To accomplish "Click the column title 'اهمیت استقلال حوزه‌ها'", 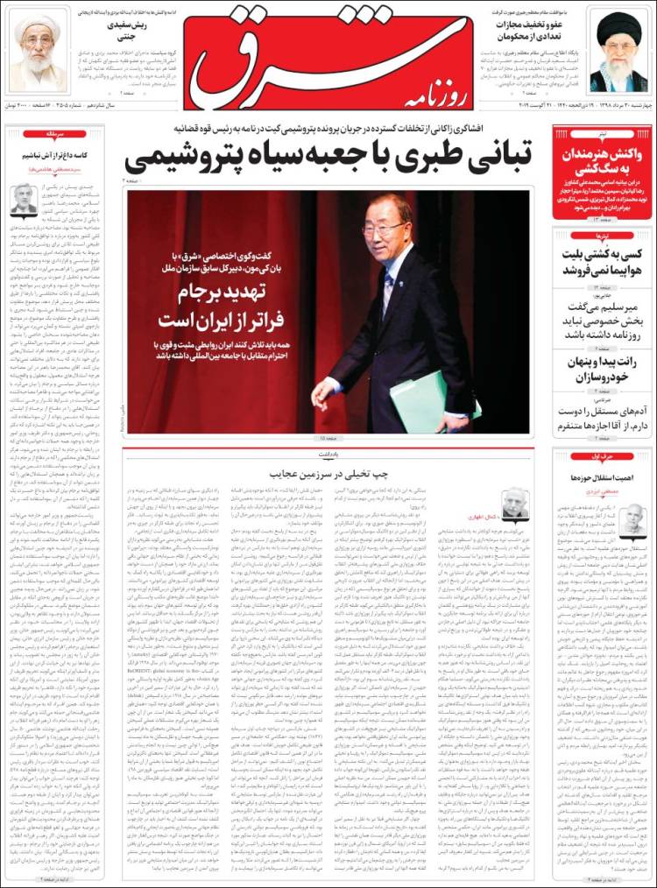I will pyautogui.click(x=602, y=476).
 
